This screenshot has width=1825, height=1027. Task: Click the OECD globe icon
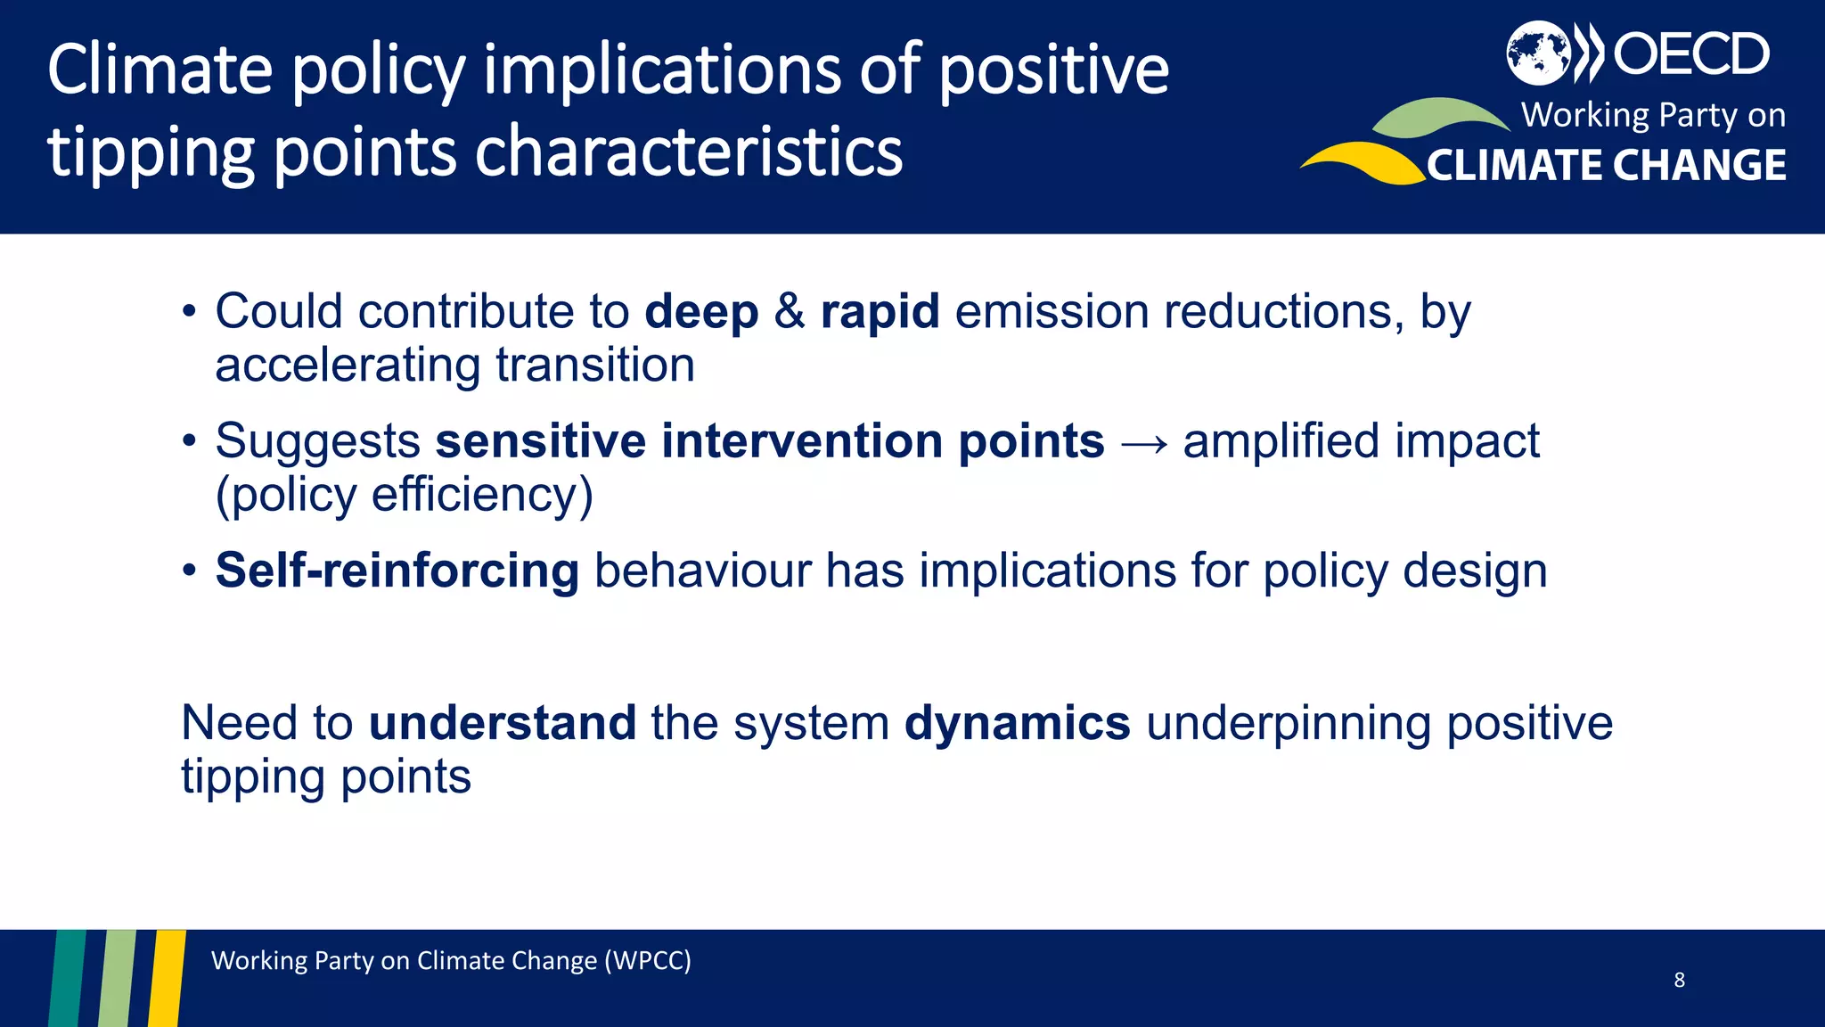(x=1538, y=53)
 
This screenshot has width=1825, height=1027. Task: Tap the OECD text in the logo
(x=1690, y=53)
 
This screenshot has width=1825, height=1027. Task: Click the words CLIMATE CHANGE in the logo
(x=1606, y=166)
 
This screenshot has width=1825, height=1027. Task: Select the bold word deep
(x=700, y=312)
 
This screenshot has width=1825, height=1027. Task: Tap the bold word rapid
(x=880, y=312)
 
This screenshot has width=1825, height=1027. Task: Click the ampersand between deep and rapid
(x=789, y=312)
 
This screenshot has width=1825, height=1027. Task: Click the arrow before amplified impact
(x=1143, y=443)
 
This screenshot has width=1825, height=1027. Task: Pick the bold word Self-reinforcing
(x=397, y=571)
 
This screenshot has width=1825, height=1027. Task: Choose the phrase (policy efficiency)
(x=404, y=496)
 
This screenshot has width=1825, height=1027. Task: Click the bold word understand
(x=503, y=723)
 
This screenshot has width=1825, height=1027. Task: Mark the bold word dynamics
(x=1017, y=723)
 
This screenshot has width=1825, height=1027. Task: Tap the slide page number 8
(x=1679, y=980)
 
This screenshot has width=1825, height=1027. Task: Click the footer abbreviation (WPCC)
(x=647, y=961)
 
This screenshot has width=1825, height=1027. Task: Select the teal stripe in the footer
(x=67, y=978)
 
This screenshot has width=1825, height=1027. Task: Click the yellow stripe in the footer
(x=167, y=978)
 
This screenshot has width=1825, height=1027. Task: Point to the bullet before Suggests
(x=188, y=441)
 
